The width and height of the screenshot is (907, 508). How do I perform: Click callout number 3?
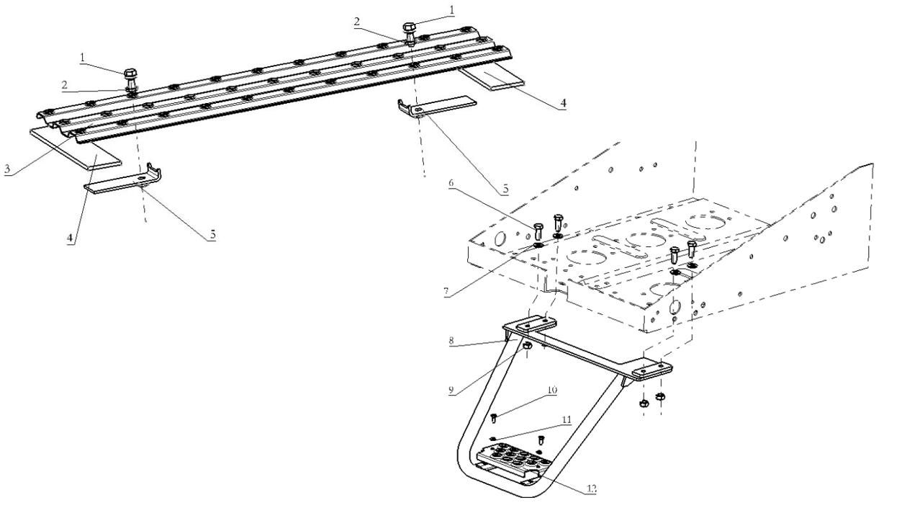coord(7,168)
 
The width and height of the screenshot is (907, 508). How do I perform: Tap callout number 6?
coord(451,183)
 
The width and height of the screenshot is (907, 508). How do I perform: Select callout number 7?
coord(446,290)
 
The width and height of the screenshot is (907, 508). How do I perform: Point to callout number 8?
coord(452,341)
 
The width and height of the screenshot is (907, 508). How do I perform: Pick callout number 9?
coord(451,390)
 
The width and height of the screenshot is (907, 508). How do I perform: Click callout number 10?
coord(551,390)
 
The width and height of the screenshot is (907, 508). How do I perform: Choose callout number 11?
coord(567,419)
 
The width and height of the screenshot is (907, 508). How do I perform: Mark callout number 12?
coord(592,489)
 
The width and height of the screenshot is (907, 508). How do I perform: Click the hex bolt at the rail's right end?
coord(408,34)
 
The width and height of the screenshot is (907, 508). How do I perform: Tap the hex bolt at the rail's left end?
coord(131,79)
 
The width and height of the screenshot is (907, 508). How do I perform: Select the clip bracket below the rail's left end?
coord(124,180)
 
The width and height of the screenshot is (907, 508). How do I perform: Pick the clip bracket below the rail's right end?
coord(437,106)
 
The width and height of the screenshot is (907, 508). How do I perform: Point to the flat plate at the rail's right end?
coord(492,78)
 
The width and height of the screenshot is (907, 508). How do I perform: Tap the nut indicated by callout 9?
coord(527,346)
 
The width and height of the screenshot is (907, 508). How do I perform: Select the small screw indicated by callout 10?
coord(494,418)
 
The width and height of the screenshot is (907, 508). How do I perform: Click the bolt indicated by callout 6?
coord(538,231)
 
